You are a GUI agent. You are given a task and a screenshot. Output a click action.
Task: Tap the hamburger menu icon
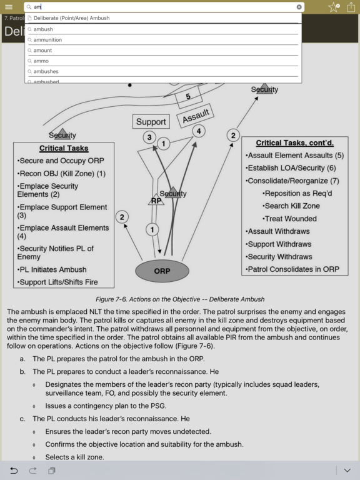point(9,7)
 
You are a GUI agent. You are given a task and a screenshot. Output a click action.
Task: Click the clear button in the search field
point(299,7)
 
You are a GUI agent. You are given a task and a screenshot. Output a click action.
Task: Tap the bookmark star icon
point(334,7)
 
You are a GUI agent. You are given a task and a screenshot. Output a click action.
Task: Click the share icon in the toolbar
point(351,7)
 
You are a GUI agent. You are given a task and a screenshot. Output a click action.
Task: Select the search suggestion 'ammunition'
point(47,40)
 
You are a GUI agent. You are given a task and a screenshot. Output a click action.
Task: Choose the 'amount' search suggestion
point(42,51)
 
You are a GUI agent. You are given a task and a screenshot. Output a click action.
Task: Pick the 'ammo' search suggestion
point(41,61)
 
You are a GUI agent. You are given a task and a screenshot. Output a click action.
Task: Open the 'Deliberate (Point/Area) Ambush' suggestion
point(71,18)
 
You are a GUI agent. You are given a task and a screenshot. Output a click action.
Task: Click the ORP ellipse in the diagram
point(162,271)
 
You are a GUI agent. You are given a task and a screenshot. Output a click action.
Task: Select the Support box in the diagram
point(151,122)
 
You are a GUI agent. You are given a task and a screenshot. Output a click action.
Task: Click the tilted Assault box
point(196,116)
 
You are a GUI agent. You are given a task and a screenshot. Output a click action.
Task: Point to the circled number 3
point(149,137)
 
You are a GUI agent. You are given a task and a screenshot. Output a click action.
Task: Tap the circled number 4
point(198,131)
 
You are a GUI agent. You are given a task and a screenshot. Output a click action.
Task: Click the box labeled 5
point(188,97)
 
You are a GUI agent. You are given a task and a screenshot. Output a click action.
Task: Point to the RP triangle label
point(156,201)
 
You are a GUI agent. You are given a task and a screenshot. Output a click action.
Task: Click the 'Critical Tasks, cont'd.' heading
point(294,143)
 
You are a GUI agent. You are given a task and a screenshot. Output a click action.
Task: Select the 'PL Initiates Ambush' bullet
point(54,269)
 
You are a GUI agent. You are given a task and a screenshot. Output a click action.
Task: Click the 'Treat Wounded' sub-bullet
point(290,219)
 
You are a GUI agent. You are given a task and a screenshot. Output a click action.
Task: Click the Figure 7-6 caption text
point(180,299)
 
